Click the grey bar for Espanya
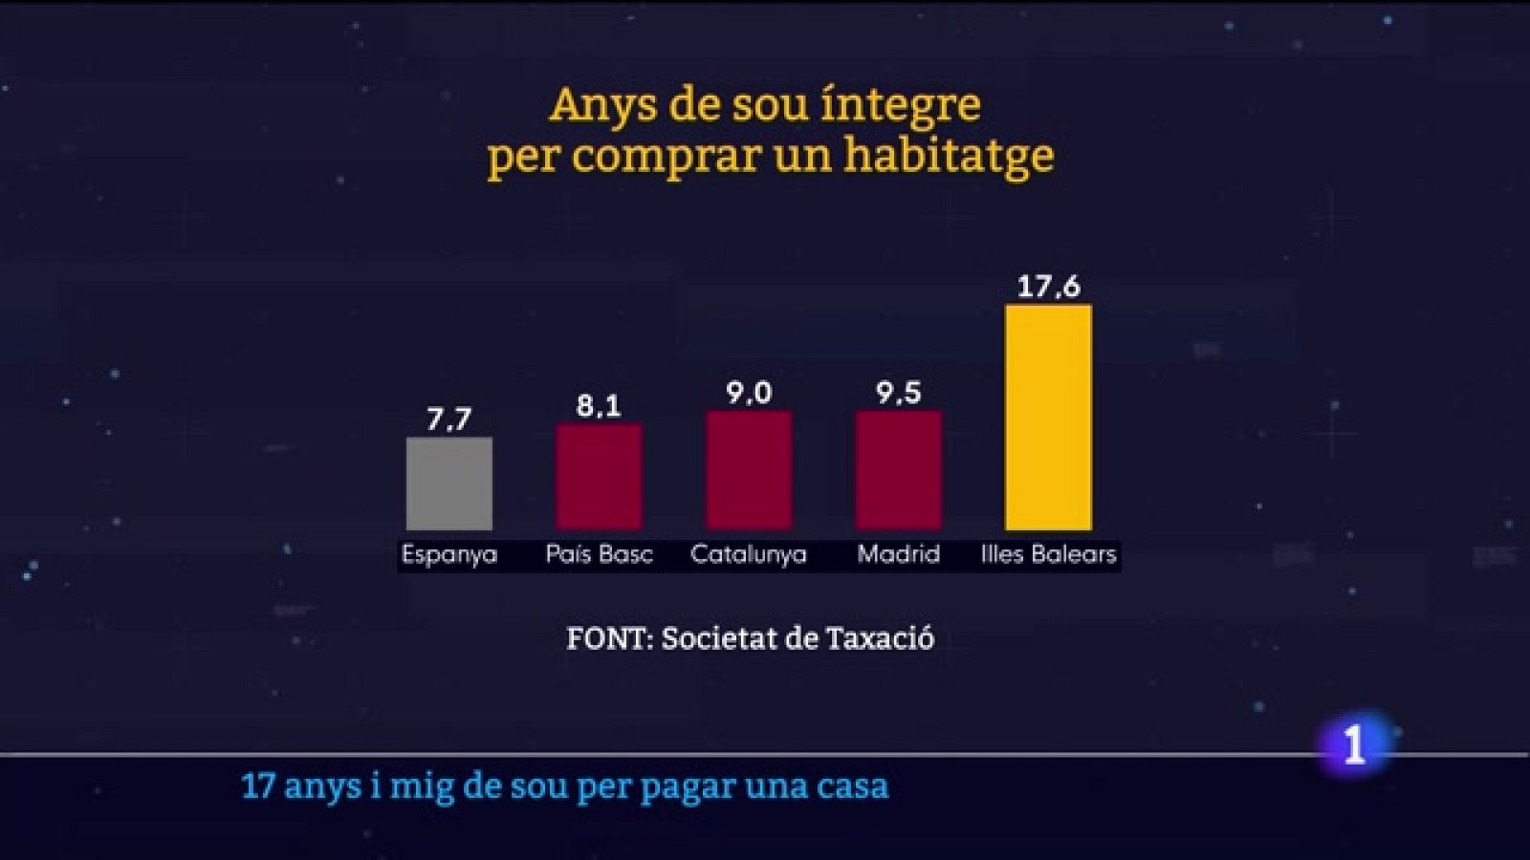[x=448, y=484]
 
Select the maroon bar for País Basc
[x=599, y=477]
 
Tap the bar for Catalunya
[x=749, y=470]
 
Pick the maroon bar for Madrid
[x=898, y=470]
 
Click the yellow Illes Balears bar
[x=1048, y=418]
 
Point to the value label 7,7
[x=448, y=419]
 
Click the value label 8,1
[x=599, y=406]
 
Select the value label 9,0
[x=749, y=393]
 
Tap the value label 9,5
[x=898, y=393]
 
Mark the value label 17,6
[x=1048, y=287]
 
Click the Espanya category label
[x=448, y=555]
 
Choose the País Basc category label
[x=599, y=554]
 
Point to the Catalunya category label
[x=749, y=554]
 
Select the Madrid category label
[x=898, y=554]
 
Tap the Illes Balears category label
[x=1048, y=554]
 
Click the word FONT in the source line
[x=606, y=638]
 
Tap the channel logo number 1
[x=1354, y=744]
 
